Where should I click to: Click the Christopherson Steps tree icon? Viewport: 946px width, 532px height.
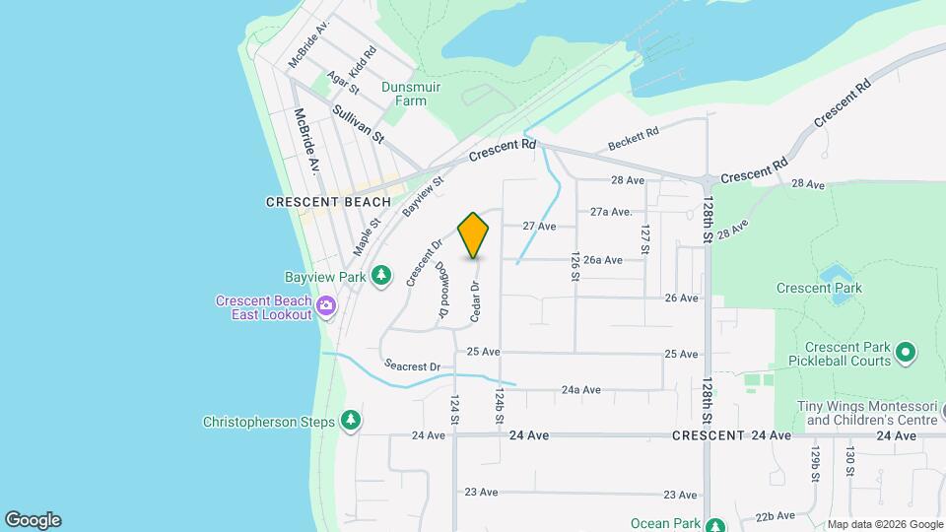pos(350,422)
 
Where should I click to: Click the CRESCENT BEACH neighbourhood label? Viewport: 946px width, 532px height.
pos(328,202)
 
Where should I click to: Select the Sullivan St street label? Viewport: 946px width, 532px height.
pos(358,124)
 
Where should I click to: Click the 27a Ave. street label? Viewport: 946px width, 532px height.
pos(611,212)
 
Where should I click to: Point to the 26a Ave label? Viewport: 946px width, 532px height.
pos(602,260)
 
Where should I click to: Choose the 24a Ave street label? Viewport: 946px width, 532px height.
pos(581,390)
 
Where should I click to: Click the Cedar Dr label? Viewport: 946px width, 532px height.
pos(475,301)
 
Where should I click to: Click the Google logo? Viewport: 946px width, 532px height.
pos(33,520)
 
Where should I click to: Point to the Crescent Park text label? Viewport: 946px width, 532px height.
pos(819,289)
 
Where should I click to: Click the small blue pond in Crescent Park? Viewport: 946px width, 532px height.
pos(837,273)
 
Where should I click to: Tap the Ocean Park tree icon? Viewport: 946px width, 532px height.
pos(715,524)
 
